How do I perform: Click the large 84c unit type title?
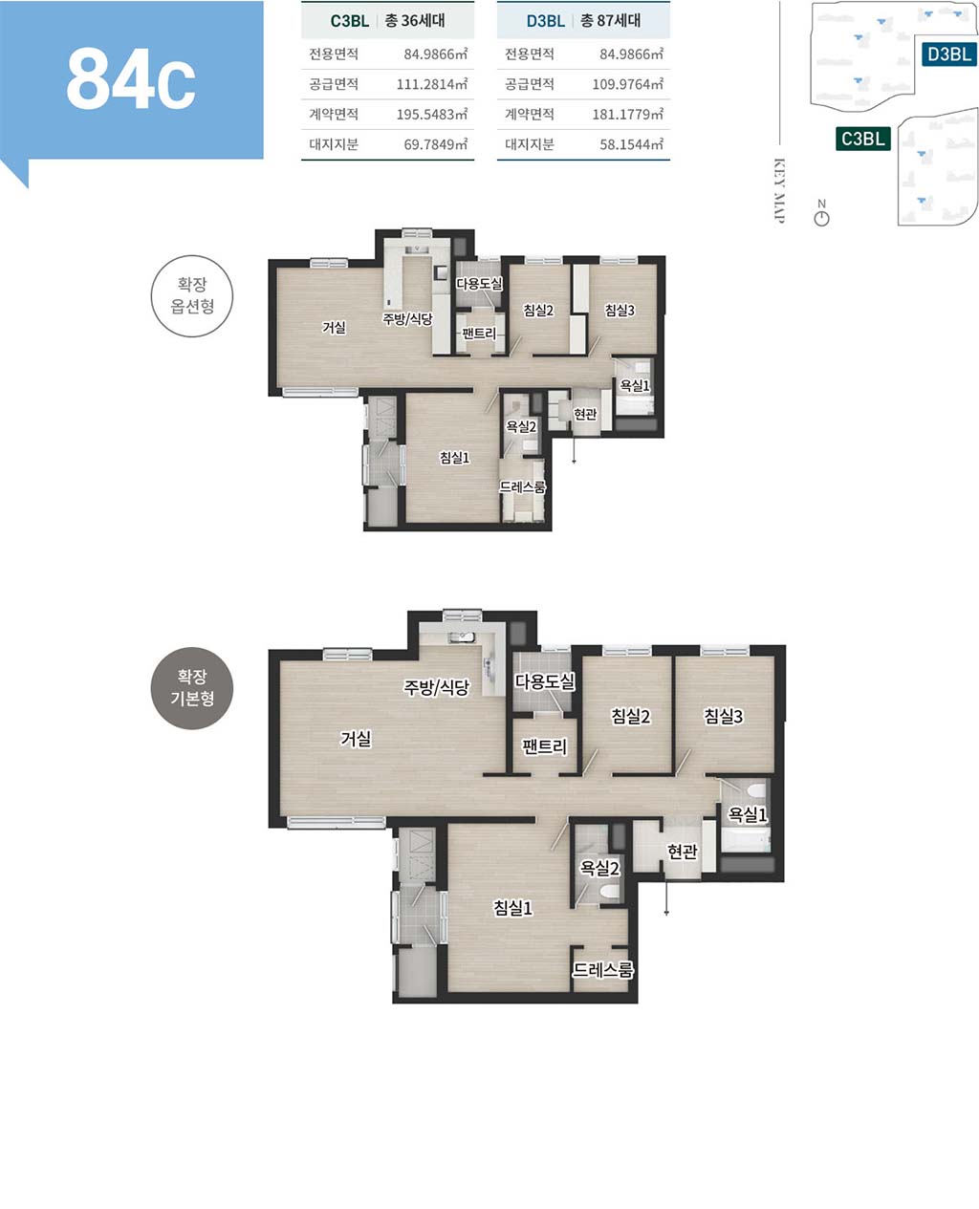131,79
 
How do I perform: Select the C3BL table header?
350,21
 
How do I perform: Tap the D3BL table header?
546,21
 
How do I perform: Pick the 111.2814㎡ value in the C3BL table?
431,84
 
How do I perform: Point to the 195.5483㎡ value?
431,115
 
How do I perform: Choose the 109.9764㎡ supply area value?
627,84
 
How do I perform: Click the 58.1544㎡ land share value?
631,144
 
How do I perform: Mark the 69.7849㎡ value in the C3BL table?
436,144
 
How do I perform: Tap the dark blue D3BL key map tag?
949,54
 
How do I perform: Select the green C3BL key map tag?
862,139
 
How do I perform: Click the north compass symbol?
821,219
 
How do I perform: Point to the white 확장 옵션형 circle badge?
192,295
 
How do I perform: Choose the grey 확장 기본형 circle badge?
192,688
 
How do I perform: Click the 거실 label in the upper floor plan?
334,328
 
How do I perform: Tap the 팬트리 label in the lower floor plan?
545,746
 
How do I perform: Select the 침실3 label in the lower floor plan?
724,716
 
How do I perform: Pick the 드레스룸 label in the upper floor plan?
522,487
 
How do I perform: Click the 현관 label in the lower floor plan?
682,851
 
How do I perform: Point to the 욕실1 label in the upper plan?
634,386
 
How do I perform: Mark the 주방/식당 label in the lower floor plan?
437,687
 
